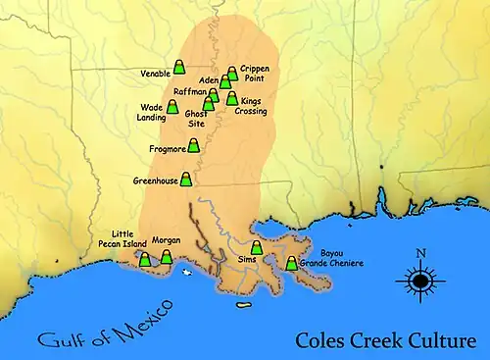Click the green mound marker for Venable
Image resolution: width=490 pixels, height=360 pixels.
click(x=179, y=67)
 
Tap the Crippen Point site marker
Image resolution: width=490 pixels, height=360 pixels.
click(x=232, y=74)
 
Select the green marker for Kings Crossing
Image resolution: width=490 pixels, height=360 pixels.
click(x=232, y=98)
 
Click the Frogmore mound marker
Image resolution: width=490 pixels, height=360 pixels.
click(x=194, y=146)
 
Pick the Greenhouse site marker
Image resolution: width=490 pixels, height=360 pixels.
click(x=186, y=179)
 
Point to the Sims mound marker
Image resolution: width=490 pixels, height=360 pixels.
click(x=257, y=247)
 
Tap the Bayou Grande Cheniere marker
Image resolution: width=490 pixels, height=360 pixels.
click(x=291, y=262)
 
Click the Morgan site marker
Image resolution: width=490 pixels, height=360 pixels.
click(x=166, y=257)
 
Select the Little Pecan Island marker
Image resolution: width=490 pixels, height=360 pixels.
click(x=144, y=260)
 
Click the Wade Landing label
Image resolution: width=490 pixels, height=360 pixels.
click(x=152, y=112)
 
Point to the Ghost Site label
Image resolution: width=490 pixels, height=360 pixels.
click(x=195, y=118)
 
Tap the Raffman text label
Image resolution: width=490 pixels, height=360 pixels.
click(x=189, y=90)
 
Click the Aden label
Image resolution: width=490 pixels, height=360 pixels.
click(x=208, y=79)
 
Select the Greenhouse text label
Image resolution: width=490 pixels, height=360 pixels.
click(x=156, y=181)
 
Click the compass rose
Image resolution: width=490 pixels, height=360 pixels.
click(x=420, y=283)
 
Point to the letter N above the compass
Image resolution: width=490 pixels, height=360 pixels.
click(x=420, y=255)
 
